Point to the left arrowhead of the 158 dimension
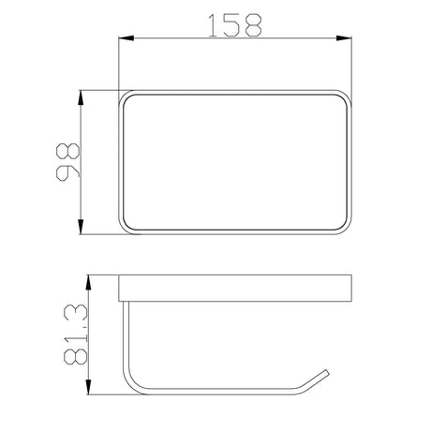[124, 39]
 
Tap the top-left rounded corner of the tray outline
[125, 97]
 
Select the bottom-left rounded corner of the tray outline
[125, 228]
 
